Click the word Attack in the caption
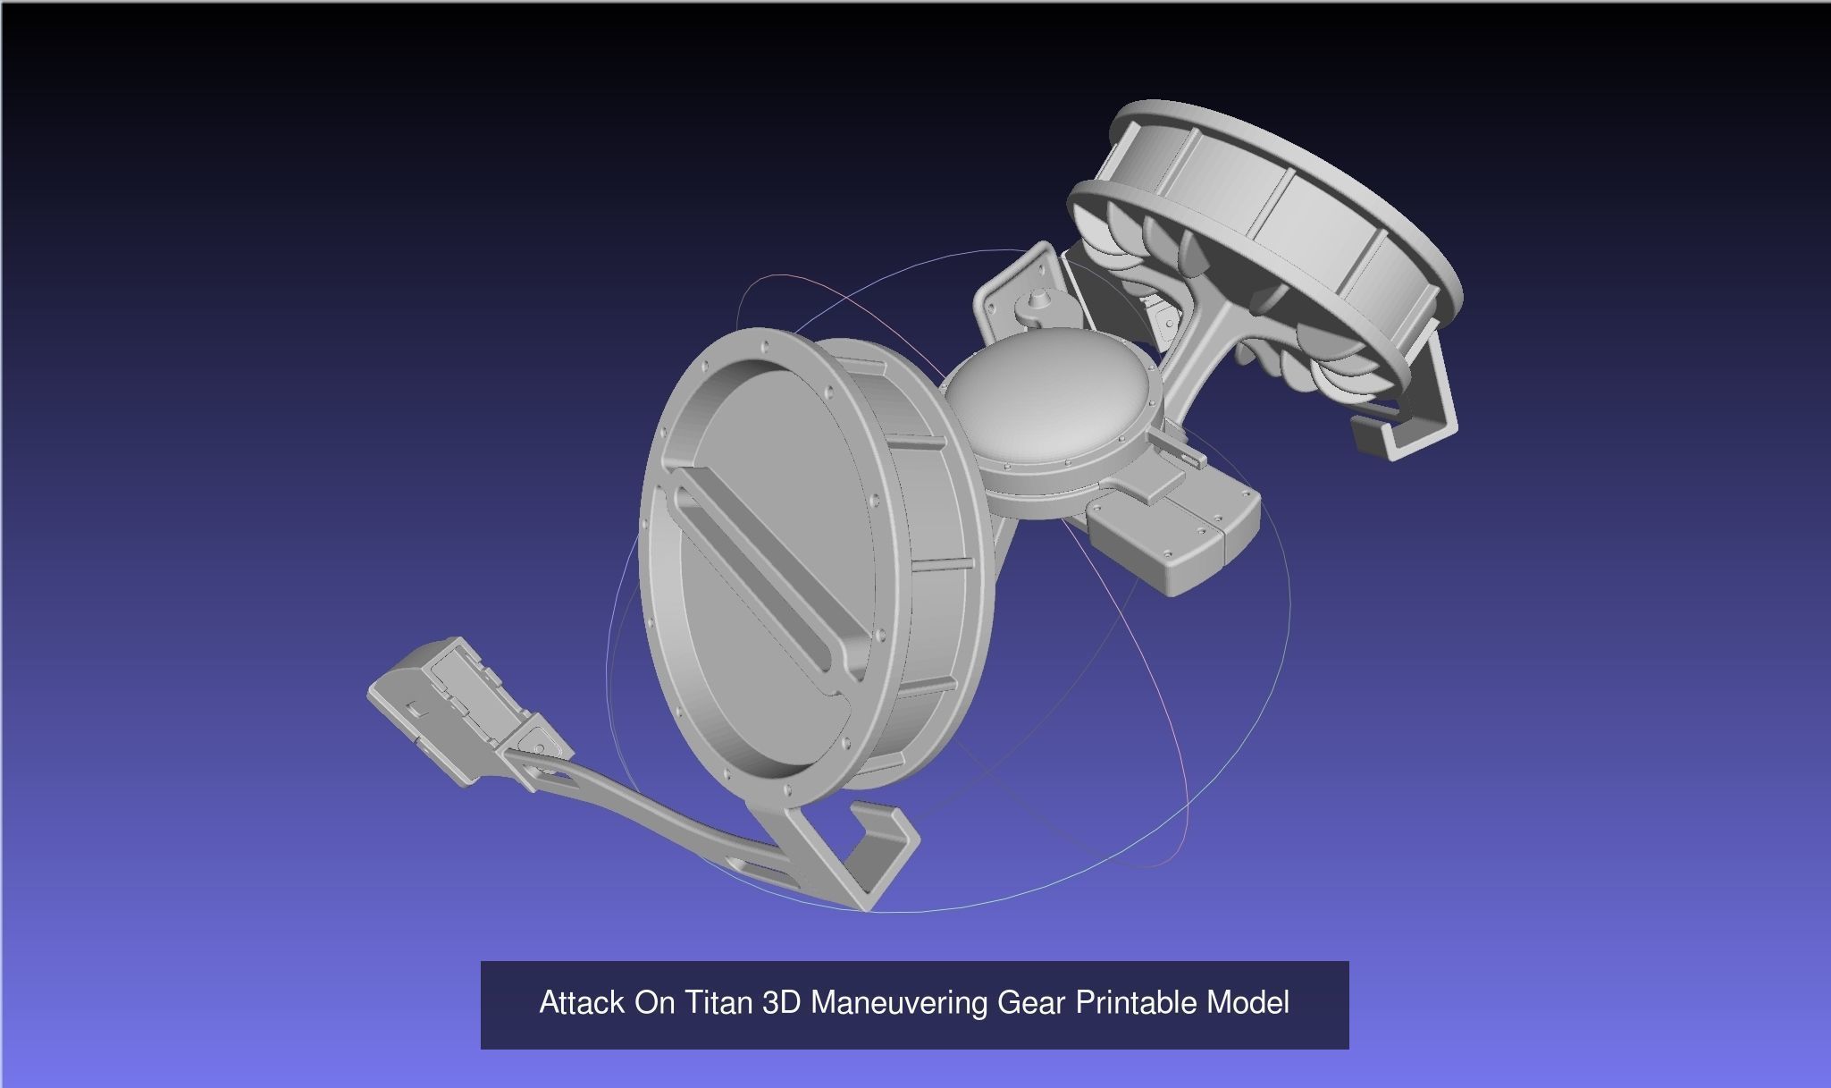pos(582,1003)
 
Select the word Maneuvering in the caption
pos(899,1003)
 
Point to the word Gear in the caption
pos(1031,1003)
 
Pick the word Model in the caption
pos(1247,1003)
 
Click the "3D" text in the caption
pos(783,1003)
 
